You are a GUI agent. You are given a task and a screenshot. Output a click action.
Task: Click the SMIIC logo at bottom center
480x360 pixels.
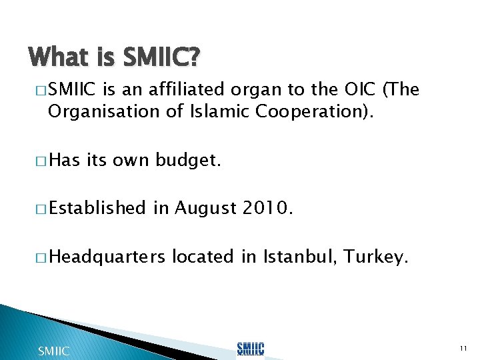point(250,349)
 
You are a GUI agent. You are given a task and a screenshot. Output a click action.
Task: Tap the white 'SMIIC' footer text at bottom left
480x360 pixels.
point(53,351)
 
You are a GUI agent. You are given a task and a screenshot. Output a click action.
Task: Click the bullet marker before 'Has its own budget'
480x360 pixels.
point(39,160)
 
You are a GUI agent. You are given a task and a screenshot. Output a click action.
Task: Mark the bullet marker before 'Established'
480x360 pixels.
point(39,209)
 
